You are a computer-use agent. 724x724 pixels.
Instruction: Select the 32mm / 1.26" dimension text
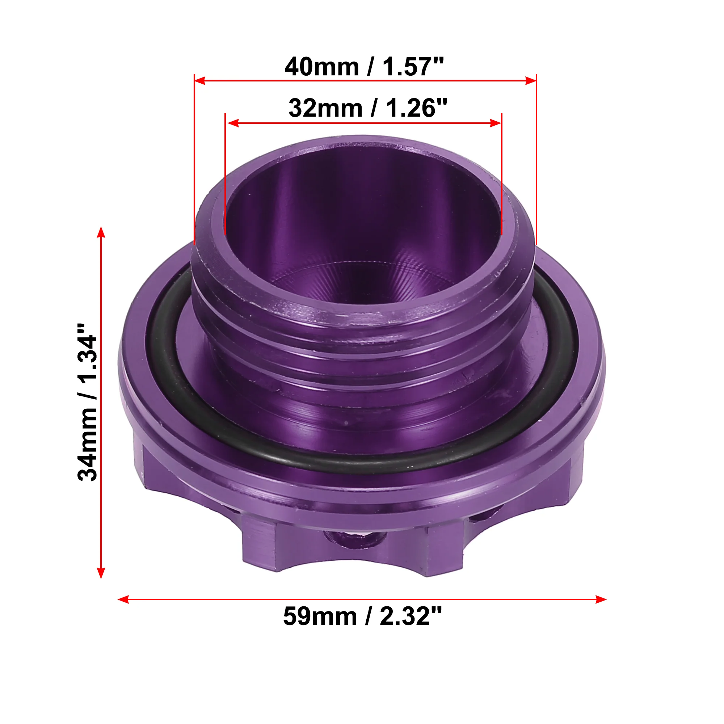coord(368,108)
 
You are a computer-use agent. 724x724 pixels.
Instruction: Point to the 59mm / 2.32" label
coord(362,616)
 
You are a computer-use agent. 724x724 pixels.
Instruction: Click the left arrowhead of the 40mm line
coord(200,81)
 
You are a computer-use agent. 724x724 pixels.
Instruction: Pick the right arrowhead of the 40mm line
coord(531,81)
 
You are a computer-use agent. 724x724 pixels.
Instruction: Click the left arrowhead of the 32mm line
coord(233,123)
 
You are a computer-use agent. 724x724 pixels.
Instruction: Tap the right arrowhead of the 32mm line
coord(496,123)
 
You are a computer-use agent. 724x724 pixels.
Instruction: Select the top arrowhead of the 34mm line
coord(101,232)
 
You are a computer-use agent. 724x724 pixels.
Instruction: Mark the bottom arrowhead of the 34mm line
coord(101,573)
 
